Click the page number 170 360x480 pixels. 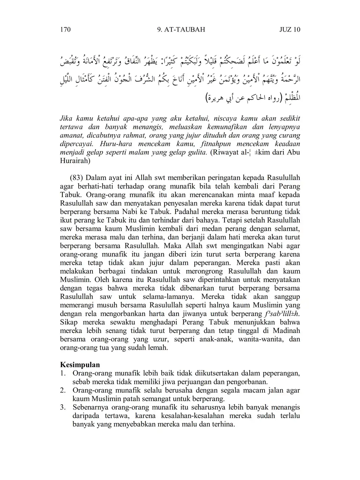click(65, 29)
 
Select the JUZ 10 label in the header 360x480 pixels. click(290, 29)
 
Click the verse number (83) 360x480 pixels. click(77, 178)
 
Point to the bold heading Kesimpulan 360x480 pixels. click(80, 365)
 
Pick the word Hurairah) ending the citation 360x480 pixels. click(75, 161)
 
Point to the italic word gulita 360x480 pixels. click(197, 152)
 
